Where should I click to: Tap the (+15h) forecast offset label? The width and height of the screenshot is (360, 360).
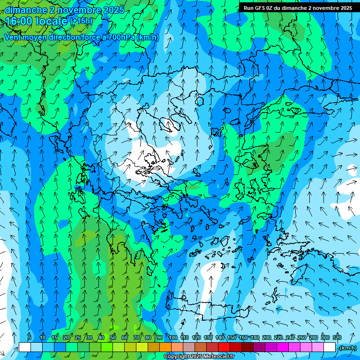(x=81, y=21)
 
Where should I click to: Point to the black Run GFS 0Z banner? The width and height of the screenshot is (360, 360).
(x=299, y=8)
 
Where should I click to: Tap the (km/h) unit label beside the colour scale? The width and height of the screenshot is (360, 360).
(x=347, y=348)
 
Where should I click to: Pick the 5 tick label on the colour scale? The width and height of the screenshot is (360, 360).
(x=30, y=338)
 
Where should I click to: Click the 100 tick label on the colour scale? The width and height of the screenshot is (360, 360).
(x=173, y=338)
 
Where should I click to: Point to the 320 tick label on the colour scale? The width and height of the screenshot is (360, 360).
(x=337, y=338)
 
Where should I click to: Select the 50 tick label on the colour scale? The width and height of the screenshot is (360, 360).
(x=113, y=338)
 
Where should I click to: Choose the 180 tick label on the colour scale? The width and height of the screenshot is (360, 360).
(x=255, y=338)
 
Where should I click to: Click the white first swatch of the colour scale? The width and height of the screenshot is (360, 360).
(x=24, y=347)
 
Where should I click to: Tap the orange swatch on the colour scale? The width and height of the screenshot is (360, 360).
(x=165, y=347)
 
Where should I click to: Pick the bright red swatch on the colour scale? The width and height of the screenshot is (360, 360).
(x=224, y=347)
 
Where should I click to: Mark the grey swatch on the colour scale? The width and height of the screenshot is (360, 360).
(x=188, y=347)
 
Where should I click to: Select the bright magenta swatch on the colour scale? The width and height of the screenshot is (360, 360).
(x=282, y=347)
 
